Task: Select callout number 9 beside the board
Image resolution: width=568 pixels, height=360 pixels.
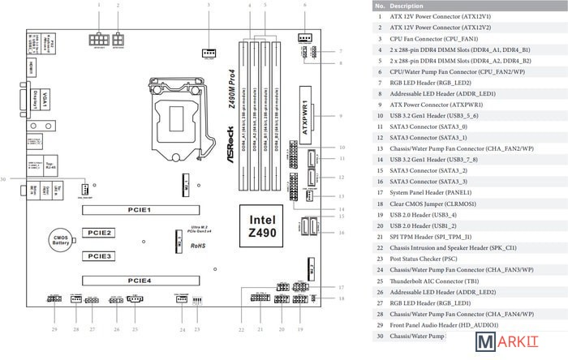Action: coord(340,117)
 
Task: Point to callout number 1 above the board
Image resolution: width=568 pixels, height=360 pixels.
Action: coord(99,5)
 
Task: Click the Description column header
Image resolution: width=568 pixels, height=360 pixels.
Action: coord(407,6)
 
